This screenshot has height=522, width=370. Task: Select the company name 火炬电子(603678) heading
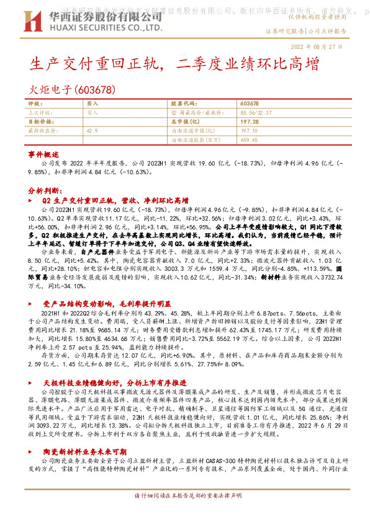(x=72, y=89)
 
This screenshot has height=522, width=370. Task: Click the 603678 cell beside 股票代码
(x=248, y=104)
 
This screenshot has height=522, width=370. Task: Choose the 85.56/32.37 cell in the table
(x=255, y=113)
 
